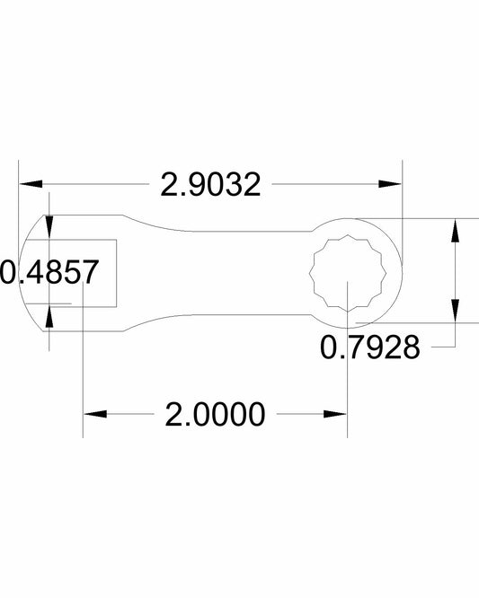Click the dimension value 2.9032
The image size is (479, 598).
click(210, 185)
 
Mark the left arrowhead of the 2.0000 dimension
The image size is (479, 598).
click(94, 415)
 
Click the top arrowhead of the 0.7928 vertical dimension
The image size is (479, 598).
click(457, 229)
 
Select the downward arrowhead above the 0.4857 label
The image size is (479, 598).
click(49, 228)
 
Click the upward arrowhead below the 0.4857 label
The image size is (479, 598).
click(49, 315)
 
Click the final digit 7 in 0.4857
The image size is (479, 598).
click(86, 272)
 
